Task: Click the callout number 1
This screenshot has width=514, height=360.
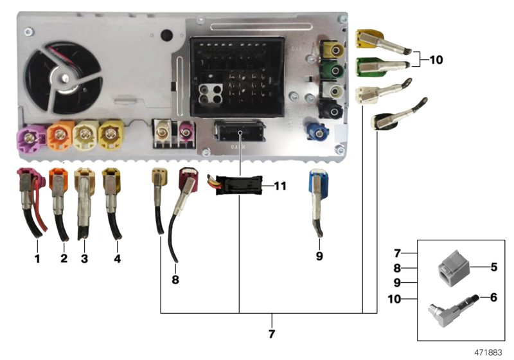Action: pos(37,259)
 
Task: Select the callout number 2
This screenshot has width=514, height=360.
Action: pos(64,259)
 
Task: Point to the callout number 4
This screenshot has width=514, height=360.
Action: pos(116,259)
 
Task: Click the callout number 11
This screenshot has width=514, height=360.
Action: pos(279,187)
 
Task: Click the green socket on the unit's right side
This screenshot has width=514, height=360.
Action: pos(334,70)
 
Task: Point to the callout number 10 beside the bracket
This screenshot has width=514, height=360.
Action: pos(436,60)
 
